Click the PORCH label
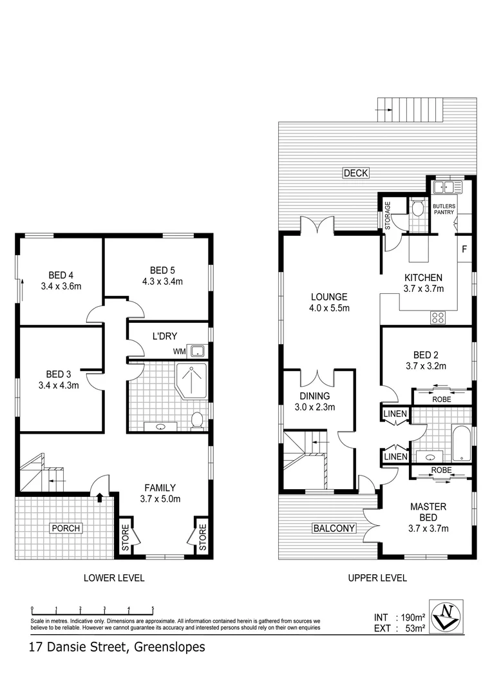pos(66,528)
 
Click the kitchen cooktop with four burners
pos(439,316)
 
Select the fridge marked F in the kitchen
pos(464,249)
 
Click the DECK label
pos(355,173)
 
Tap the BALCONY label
pos(334,528)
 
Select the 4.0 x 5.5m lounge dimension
pos(329,308)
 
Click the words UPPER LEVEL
pos(377,578)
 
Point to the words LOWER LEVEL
pos(114,578)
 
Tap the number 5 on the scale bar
pos(153,608)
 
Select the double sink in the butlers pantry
pos(447,188)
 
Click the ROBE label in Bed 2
pos(442,400)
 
